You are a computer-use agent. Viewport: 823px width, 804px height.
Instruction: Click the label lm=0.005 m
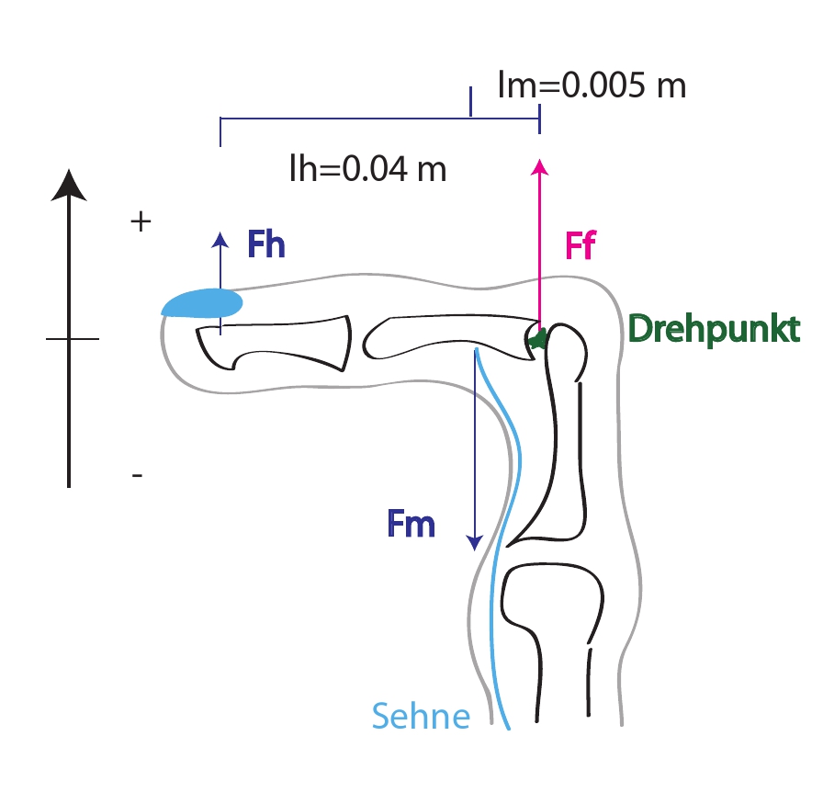(x=592, y=85)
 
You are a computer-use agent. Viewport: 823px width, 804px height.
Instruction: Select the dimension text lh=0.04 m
(x=368, y=168)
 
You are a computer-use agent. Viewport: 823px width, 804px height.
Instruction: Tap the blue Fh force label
(x=266, y=244)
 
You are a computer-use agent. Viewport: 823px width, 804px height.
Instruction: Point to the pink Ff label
(x=581, y=244)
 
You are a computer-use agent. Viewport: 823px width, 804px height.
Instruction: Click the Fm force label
(x=411, y=524)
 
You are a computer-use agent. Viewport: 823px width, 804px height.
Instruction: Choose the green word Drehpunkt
(x=714, y=329)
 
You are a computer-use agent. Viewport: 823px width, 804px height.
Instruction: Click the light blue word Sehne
(x=421, y=716)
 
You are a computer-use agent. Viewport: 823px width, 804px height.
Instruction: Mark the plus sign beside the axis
(x=141, y=221)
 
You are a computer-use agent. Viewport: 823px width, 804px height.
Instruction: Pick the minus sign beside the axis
(x=137, y=475)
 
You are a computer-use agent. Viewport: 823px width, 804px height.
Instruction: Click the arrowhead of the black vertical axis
(x=69, y=185)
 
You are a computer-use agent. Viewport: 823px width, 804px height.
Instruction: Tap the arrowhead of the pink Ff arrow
(x=539, y=167)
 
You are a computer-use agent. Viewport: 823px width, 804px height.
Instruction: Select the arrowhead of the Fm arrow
(x=475, y=543)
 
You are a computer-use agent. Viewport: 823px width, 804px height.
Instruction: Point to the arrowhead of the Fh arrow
(x=220, y=240)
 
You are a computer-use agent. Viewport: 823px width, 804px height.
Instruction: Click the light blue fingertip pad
(x=202, y=303)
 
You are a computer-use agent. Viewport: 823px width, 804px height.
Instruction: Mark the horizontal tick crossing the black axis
(x=73, y=339)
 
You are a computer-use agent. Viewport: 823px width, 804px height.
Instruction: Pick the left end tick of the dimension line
(x=220, y=131)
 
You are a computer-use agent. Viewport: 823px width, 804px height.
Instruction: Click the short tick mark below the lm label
(x=471, y=101)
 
